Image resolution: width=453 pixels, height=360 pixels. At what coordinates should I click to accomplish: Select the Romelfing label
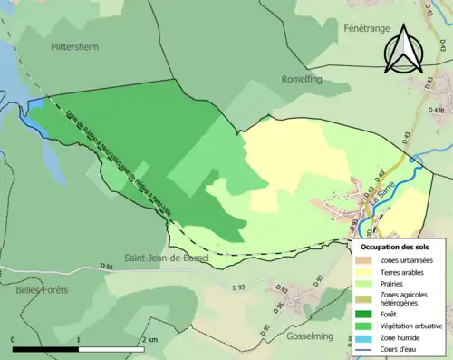304,79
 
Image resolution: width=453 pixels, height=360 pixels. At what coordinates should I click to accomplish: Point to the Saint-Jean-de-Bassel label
167,258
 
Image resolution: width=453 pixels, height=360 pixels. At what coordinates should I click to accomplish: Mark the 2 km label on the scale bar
150,339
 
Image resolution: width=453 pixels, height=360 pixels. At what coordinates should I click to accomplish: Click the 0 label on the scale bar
14,339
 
